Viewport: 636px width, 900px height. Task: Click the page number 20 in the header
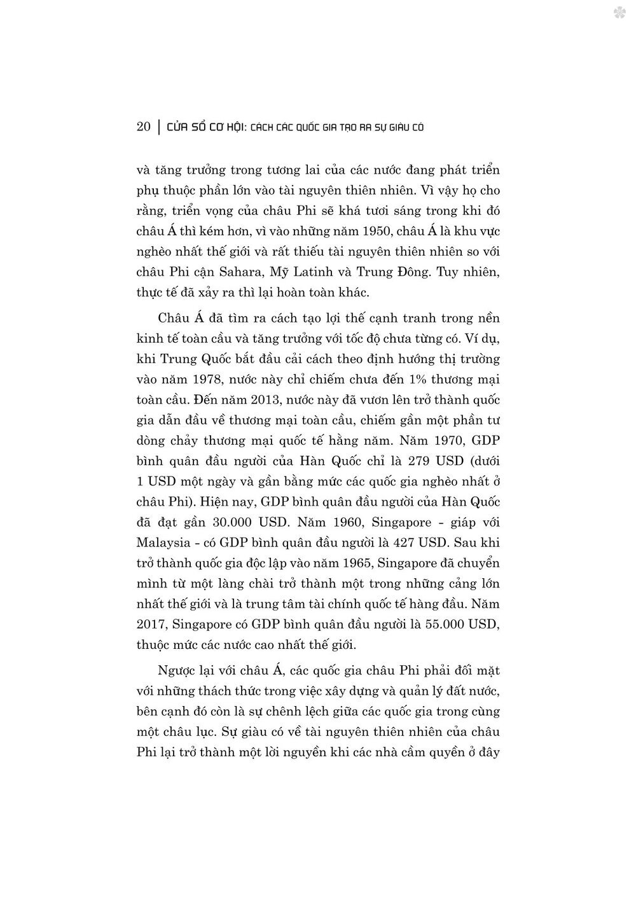click(x=143, y=127)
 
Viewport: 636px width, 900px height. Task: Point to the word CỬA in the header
click(x=176, y=127)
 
